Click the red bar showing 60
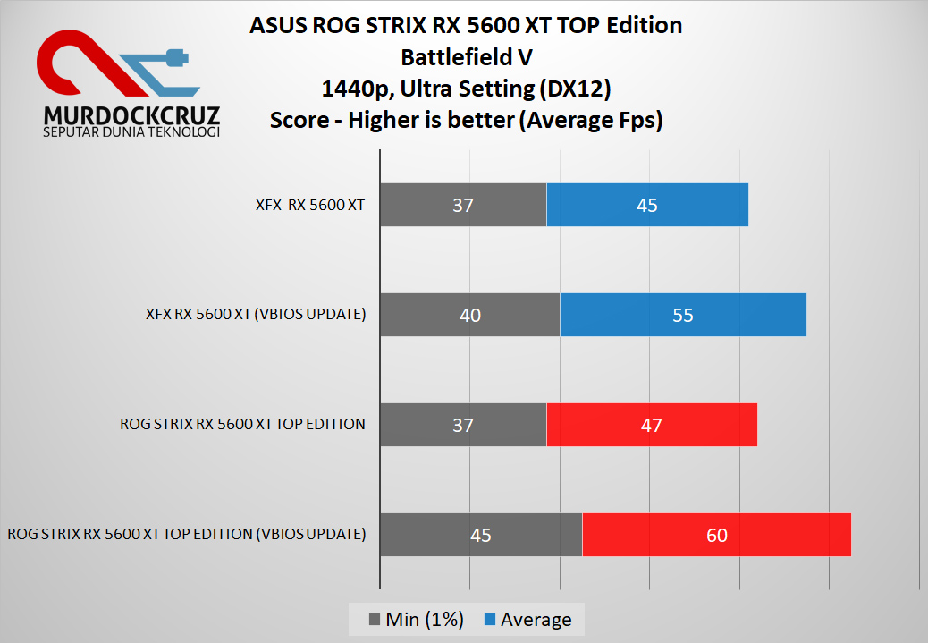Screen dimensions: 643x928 click(x=716, y=535)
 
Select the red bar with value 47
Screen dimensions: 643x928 click(x=651, y=425)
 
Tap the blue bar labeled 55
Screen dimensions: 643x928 click(x=682, y=315)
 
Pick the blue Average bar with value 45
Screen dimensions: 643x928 click(x=646, y=205)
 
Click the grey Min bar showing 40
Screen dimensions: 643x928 click(x=469, y=315)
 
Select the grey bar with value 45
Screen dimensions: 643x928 click(x=481, y=535)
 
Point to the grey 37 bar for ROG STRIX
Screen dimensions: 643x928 click(x=462, y=425)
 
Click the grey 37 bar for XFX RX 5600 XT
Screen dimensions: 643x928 click(x=462, y=205)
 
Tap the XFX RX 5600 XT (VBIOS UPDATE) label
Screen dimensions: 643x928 click(x=256, y=315)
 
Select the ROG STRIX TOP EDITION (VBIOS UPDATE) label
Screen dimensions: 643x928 click(x=187, y=535)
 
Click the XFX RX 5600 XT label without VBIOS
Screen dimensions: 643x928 click(x=309, y=205)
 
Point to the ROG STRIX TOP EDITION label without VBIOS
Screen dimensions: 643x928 click(x=242, y=425)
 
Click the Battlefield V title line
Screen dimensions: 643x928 click(x=466, y=57)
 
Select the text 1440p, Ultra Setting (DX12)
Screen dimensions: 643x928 click(x=466, y=89)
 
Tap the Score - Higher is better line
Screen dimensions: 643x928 click(x=466, y=121)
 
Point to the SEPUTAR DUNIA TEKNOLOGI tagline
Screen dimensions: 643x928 click(x=131, y=132)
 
